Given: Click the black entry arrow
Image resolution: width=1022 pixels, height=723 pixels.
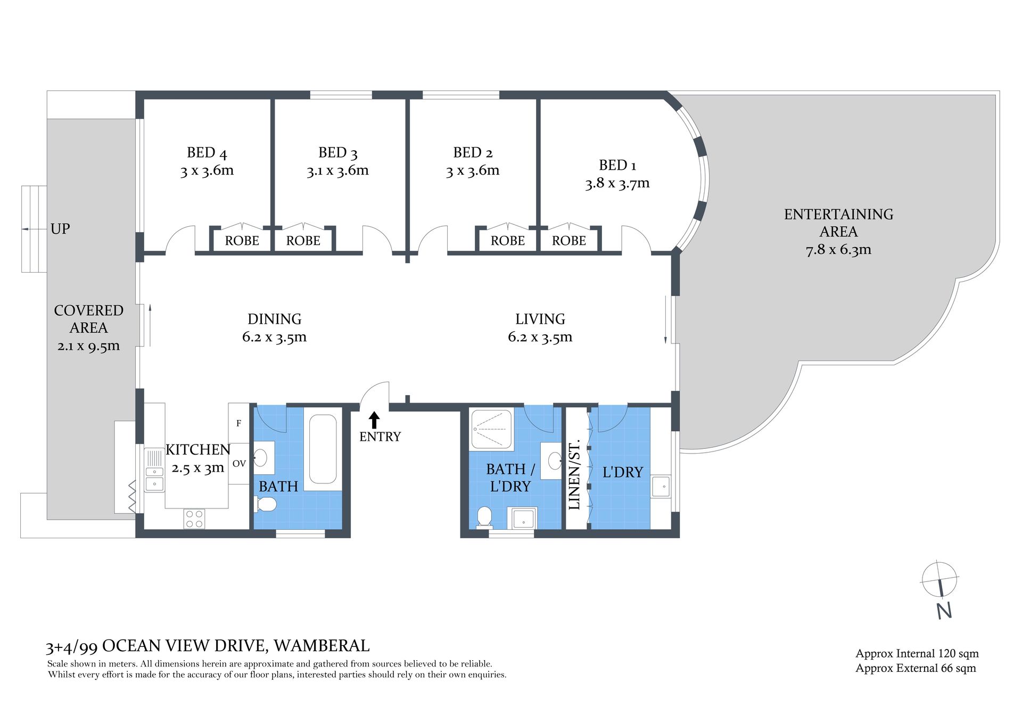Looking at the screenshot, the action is point(374,420).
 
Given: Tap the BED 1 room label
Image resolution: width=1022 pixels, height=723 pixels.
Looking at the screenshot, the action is point(617,166).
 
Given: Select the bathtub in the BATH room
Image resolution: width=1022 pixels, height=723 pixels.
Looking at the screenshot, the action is point(322,449).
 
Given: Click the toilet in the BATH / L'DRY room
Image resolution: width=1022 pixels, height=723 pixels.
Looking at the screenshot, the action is point(484,517).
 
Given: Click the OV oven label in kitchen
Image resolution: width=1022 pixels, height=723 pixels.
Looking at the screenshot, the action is point(239,464).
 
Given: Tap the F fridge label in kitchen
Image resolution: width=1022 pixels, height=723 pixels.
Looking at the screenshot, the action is point(238,423).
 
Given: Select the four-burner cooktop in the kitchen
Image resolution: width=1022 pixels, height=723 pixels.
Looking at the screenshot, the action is point(194,519).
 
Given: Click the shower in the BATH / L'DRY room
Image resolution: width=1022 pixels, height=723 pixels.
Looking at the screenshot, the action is point(492,429).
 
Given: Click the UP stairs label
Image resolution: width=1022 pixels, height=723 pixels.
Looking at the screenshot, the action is point(60,229).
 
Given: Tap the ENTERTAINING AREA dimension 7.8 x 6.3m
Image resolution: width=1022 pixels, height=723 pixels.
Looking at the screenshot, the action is point(838,250).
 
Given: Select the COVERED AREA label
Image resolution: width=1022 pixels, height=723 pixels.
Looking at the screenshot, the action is point(89,319).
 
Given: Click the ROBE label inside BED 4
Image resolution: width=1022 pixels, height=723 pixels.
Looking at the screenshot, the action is point(242,241).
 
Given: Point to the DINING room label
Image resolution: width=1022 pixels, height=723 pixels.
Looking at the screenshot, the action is point(275,319).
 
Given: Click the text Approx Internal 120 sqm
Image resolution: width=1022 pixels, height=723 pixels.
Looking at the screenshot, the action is point(917,654).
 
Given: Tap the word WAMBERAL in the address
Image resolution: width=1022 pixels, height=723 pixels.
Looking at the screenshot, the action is point(322,646).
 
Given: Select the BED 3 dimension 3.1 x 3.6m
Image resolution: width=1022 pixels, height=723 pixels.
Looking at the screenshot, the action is point(337,170).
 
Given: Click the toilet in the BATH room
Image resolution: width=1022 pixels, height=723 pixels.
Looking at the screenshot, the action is point(266,504).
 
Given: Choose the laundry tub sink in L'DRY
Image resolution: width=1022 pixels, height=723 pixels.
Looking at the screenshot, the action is point(661,486).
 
